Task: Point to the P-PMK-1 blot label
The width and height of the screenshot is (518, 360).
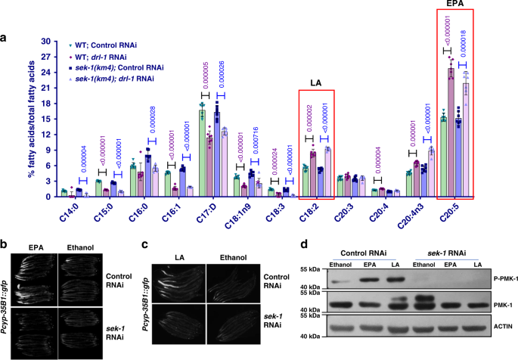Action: (495, 279)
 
